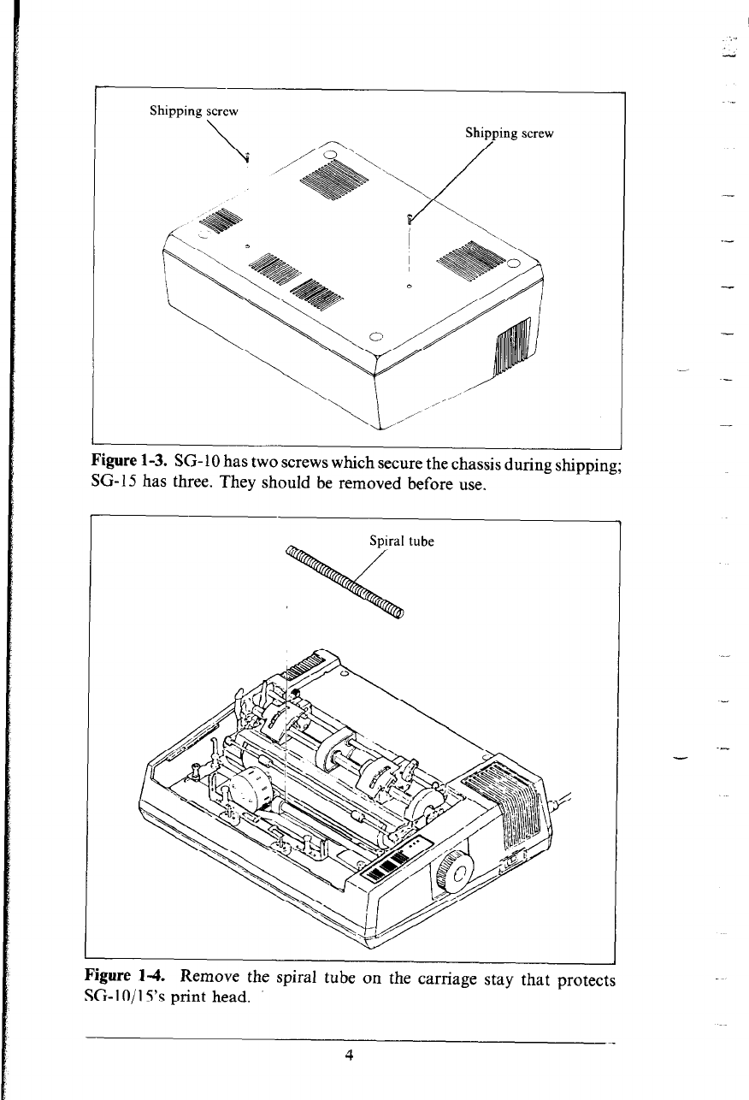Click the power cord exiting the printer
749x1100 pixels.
[565, 803]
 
